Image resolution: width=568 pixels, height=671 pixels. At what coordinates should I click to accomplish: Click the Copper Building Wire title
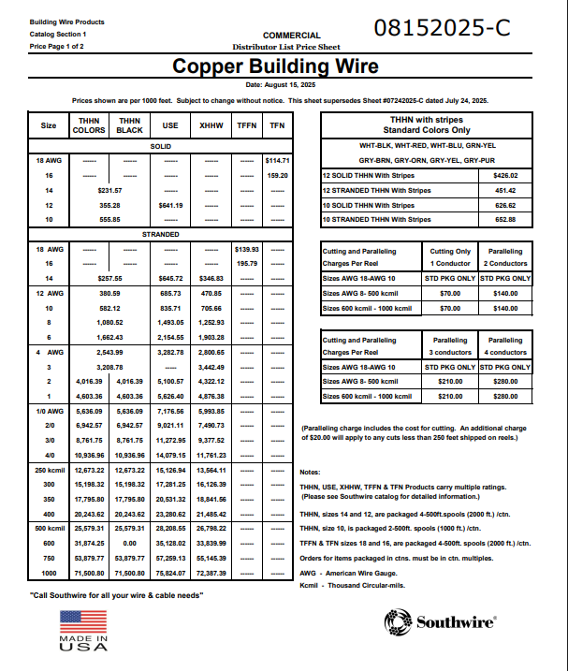[276, 66]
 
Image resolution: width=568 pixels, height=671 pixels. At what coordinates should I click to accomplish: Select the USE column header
[170, 125]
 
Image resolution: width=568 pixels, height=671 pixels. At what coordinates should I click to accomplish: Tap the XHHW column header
[211, 125]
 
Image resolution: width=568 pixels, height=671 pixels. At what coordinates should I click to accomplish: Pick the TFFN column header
[247, 125]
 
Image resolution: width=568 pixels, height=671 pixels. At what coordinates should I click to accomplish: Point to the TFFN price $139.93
[247, 250]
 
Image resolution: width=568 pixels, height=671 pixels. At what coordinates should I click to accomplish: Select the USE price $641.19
[170, 205]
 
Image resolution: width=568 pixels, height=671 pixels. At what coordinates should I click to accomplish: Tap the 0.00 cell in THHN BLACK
[129, 543]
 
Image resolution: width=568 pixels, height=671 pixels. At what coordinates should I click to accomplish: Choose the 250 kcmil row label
[49, 470]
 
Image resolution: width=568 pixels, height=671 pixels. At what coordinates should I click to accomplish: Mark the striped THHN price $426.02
[504, 175]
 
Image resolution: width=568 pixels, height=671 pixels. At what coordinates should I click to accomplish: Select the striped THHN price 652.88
[504, 219]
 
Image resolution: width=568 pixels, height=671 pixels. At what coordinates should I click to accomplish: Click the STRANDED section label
[161, 234]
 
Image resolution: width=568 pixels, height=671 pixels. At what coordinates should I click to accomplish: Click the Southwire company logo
[440, 621]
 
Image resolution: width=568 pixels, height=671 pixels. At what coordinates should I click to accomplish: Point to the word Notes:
[310, 472]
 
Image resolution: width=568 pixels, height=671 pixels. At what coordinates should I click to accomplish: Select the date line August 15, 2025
[276, 85]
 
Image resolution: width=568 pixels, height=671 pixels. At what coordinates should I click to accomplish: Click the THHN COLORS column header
[89, 125]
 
